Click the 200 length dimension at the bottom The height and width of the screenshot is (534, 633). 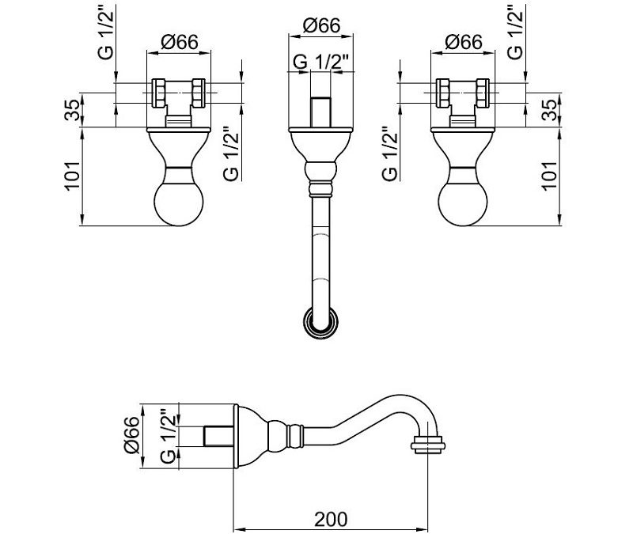tap(331, 520)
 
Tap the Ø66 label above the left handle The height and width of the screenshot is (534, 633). tap(180, 43)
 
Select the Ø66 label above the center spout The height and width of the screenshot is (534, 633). tap(322, 26)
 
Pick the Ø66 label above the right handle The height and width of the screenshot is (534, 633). tap(464, 43)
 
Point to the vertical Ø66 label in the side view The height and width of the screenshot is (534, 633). tap(132, 436)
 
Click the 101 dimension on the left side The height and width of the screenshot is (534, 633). tap(73, 176)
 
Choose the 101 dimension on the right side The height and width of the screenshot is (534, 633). tap(550, 176)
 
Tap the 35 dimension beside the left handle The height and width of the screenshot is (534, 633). tap(73, 110)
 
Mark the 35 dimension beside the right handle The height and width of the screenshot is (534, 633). tap(550, 110)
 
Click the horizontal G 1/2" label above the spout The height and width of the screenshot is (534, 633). tap(320, 62)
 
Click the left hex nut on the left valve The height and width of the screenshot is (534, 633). tap(159, 93)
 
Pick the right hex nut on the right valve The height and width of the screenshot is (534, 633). tap(483, 93)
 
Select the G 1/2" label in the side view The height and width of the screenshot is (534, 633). tap(169, 437)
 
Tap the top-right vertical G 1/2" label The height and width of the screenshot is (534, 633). tap(515, 32)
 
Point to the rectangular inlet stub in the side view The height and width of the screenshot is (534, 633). tap(219, 436)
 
